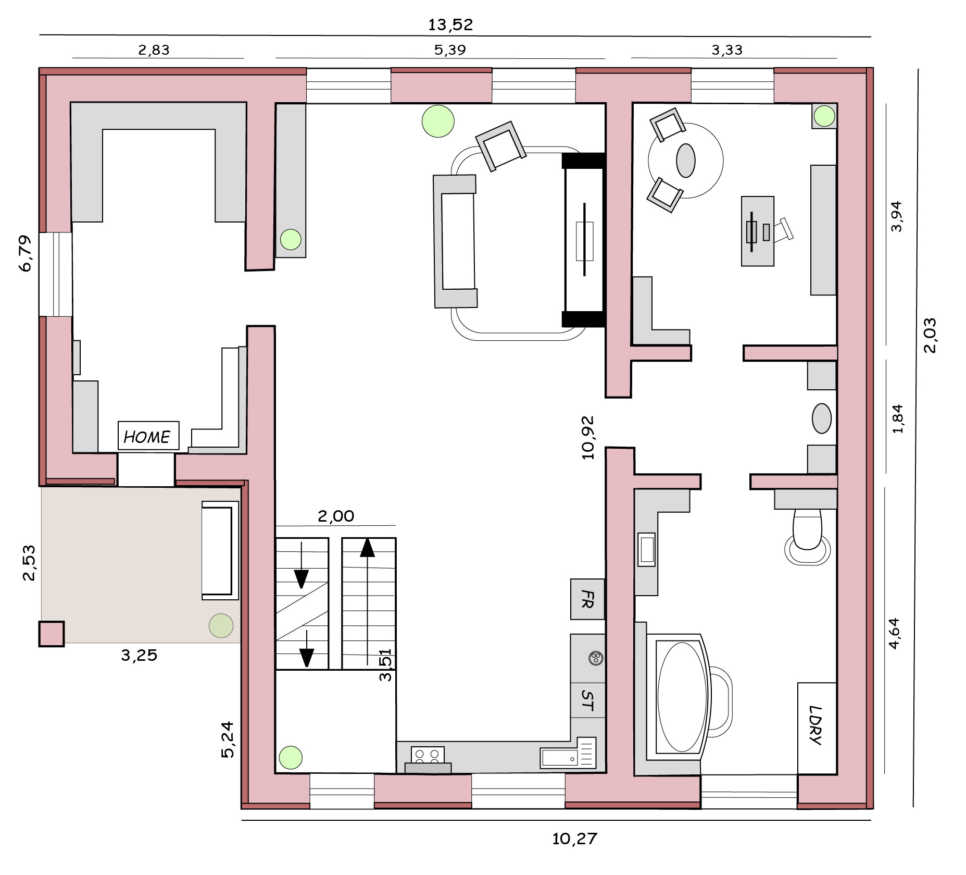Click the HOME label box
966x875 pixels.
point(148,436)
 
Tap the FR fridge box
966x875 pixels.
point(587,599)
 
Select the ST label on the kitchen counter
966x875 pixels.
point(587,700)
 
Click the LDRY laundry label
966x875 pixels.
point(817,725)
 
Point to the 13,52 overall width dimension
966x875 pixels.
point(450,24)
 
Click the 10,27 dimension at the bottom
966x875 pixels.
point(574,839)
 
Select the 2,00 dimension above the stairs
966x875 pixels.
point(336,516)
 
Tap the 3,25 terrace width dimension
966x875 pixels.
point(139,655)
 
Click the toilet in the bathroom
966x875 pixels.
point(807,537)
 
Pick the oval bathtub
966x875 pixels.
point(682,697)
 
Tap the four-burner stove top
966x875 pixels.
point(428,755)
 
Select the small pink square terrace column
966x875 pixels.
point(52,634)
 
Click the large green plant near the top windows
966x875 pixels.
point(438,121)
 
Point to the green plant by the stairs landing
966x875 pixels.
point(291,758)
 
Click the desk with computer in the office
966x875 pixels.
point(758,231)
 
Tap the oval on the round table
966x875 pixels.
point(686,161)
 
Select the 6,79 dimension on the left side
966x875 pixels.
point(25,253)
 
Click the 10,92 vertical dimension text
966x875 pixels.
point(587,438)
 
